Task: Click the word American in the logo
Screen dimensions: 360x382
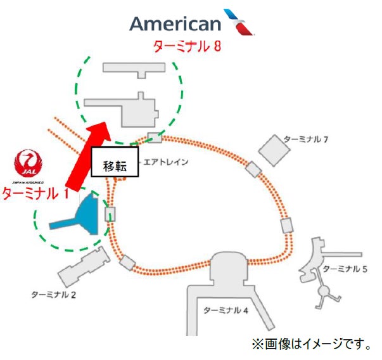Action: (x=175, y=23)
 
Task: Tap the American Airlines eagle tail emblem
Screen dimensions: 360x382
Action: (x=239, y=22)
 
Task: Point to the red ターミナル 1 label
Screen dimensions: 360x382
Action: (x=35, y=194)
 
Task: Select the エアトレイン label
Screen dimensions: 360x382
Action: (x=166, y=162)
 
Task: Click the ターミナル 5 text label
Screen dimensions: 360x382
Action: (x=345, y=269)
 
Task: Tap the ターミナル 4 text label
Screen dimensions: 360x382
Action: (x=225, y=311)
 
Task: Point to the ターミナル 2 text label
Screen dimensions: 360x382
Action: (x=54, y=295)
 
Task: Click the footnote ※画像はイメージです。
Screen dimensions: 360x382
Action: (x=312, y=344)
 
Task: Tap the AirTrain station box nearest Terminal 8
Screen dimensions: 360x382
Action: (x=155, y=138)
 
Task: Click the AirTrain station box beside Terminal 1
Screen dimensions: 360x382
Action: (x=110, y=214)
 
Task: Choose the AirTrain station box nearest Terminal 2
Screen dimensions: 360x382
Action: (x=127, y=262)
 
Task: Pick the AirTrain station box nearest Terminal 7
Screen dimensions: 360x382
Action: (x=253, y=169)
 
